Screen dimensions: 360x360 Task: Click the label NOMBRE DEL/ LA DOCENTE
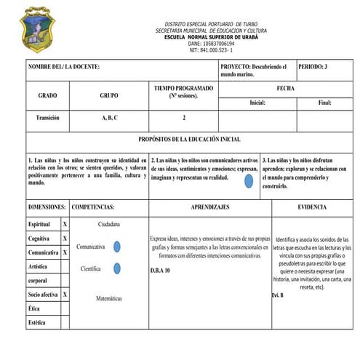tap(63, 67)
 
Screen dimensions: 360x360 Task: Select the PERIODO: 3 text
tap(313, 66)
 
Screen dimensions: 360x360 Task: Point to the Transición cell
tap(47, 117)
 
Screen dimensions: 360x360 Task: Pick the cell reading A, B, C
tap(109, 117)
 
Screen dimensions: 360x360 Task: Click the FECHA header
tap(286, 88)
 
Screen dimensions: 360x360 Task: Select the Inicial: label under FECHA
tap(257, 103)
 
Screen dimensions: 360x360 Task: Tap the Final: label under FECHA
tap(324, 103)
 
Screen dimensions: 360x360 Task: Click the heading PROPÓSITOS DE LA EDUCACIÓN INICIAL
tap(189, 139)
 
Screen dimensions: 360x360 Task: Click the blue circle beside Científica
tap(116, 268)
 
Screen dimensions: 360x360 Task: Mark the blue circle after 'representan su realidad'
tap(249, 179)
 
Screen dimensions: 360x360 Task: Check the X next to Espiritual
tap(65, 225)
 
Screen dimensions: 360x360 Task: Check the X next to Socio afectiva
tap(65, 295)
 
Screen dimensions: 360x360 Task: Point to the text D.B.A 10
tap(160, 270)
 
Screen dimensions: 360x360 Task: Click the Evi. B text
tap(277, 295)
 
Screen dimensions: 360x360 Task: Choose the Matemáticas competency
tap(109, 298)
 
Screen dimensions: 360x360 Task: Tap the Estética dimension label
tap(38, 322)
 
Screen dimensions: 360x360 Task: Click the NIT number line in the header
tap(210, 50)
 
